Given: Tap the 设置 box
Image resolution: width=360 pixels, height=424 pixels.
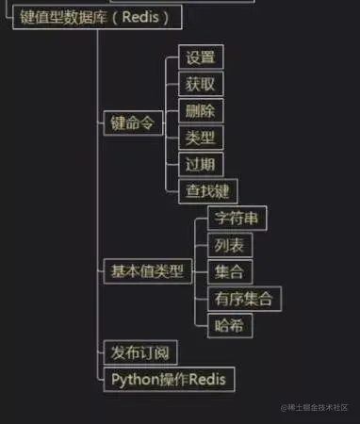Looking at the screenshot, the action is pos(200,57).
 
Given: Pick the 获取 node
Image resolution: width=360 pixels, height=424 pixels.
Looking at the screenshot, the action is pos(200,84).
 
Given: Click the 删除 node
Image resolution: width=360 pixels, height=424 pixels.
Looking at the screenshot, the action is pos(200,110).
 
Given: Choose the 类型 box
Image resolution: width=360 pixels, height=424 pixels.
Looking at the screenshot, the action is pos(200,138).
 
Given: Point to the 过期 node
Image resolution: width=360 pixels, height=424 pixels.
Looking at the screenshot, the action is pos(200,164).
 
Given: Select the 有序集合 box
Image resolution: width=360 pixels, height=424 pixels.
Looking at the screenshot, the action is pos(243,300).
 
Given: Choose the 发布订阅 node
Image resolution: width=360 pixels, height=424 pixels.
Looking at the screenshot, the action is pos(139,353).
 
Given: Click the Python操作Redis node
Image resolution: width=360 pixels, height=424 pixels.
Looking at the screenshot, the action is pos(168,380).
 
